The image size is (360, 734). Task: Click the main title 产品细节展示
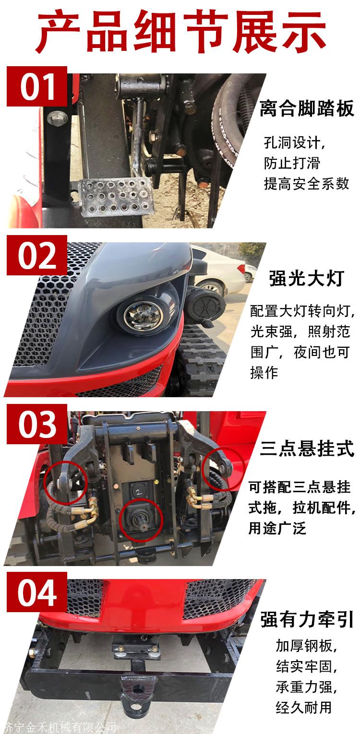[x=180, y=32]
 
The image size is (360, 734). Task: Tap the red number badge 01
[x=37, y=86]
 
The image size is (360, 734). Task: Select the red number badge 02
[x=37, y=255]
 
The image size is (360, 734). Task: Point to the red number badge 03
[x=37, y=424]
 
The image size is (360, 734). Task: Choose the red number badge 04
[x=37, y=592]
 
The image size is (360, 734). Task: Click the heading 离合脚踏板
[x=307, y=108]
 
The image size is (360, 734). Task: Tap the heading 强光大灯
[x=306, y=279]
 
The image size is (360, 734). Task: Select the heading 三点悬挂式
[x=307, y=449]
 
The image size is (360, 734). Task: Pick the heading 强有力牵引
[x=307, y=620]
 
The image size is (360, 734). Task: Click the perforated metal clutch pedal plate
[x=116, y=197]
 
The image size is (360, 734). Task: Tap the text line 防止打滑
[x=292, y=163]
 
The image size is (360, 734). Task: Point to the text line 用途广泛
[x=277, y=528]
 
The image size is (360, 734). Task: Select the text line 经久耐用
[x=304, y=708]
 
